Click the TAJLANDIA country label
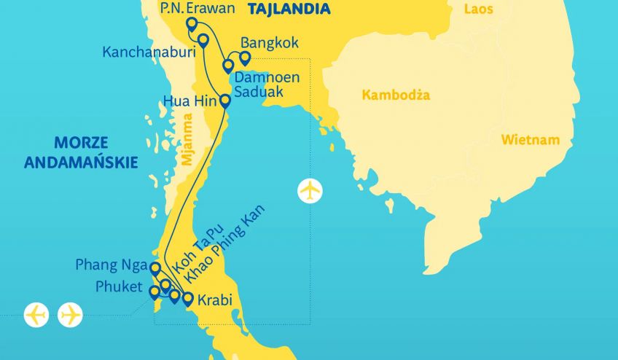289,9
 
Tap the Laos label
479,9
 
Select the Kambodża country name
396,95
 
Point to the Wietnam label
530,139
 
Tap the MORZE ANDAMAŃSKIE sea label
80,152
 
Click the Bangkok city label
269,43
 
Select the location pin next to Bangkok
245,58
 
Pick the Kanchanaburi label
148,52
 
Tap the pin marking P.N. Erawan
192,24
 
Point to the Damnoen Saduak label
265,83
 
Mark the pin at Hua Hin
225,101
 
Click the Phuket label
120,286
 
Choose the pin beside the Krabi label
187,298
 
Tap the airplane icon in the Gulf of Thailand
310,191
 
